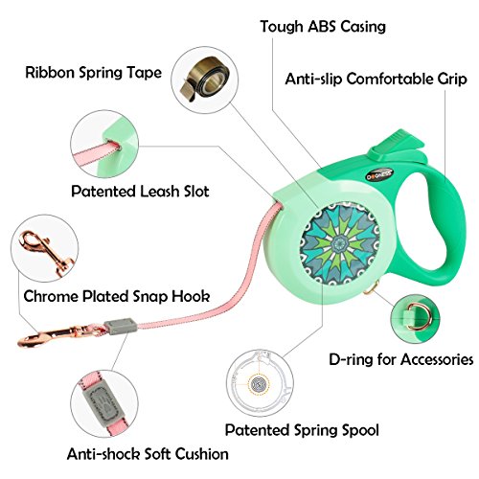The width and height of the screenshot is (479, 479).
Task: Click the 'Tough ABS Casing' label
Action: pos(323,26)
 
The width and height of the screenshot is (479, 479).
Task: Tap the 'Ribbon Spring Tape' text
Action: pos(93,73)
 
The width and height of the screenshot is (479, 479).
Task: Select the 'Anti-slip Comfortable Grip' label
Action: pos(376,79)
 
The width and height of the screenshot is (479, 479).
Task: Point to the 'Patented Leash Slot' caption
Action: pos(140,192)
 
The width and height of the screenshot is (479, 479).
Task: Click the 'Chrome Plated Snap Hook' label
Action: pos(117,296)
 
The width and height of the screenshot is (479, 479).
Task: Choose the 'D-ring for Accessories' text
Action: pos(401,359)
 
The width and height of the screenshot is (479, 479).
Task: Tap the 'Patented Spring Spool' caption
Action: pos(302,430)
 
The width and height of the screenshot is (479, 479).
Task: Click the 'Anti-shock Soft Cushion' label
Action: pos(148,454)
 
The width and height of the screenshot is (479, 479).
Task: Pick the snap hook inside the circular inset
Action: pos(45,252)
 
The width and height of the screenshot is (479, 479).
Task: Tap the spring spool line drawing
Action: pos(260,382)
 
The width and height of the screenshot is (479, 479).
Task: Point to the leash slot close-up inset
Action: pos(104,145)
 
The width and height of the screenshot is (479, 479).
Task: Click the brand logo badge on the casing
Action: pos(379,173)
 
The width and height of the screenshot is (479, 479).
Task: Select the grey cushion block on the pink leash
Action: pos(120,326)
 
